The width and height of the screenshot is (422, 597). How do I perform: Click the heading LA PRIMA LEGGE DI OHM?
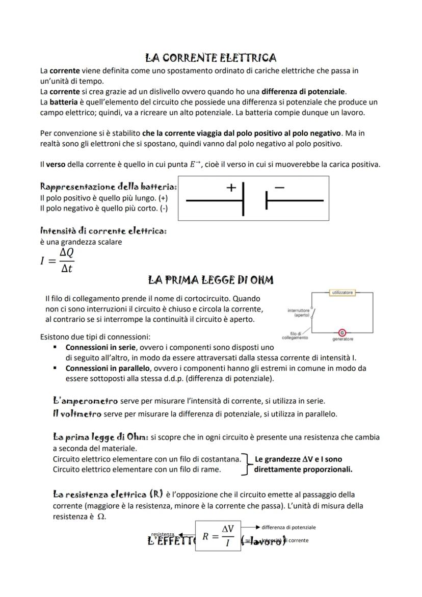pyautogui.click(x=210, y=280)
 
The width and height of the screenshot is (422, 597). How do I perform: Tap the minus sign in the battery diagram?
pyautogui.click(x=279, y=188)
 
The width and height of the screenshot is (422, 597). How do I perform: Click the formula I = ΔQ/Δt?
pyautogui.click(x=57, y=260)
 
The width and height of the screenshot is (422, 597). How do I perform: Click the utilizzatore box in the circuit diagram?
pyautogui.click(x=343, y=293)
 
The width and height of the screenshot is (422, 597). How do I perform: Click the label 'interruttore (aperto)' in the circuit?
pyautogui.click(x=299, y=313)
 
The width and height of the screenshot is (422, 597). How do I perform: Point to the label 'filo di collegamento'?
pyautogui.click(x=295, y=335)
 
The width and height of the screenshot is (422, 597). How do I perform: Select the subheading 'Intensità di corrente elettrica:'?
pyautogui.click(x=103, y=231)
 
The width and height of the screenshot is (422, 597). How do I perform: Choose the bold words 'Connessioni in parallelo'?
pyautogui.click(x=108, y=368)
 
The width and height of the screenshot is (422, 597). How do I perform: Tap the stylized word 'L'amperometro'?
pyautogui.click(x=85, y=401)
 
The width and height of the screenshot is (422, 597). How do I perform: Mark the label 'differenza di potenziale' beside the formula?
pyautogui.click(x=288, y=527)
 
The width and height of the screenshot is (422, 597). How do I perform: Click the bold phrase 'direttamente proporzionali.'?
pyautogui.click(x=303, y=470)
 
